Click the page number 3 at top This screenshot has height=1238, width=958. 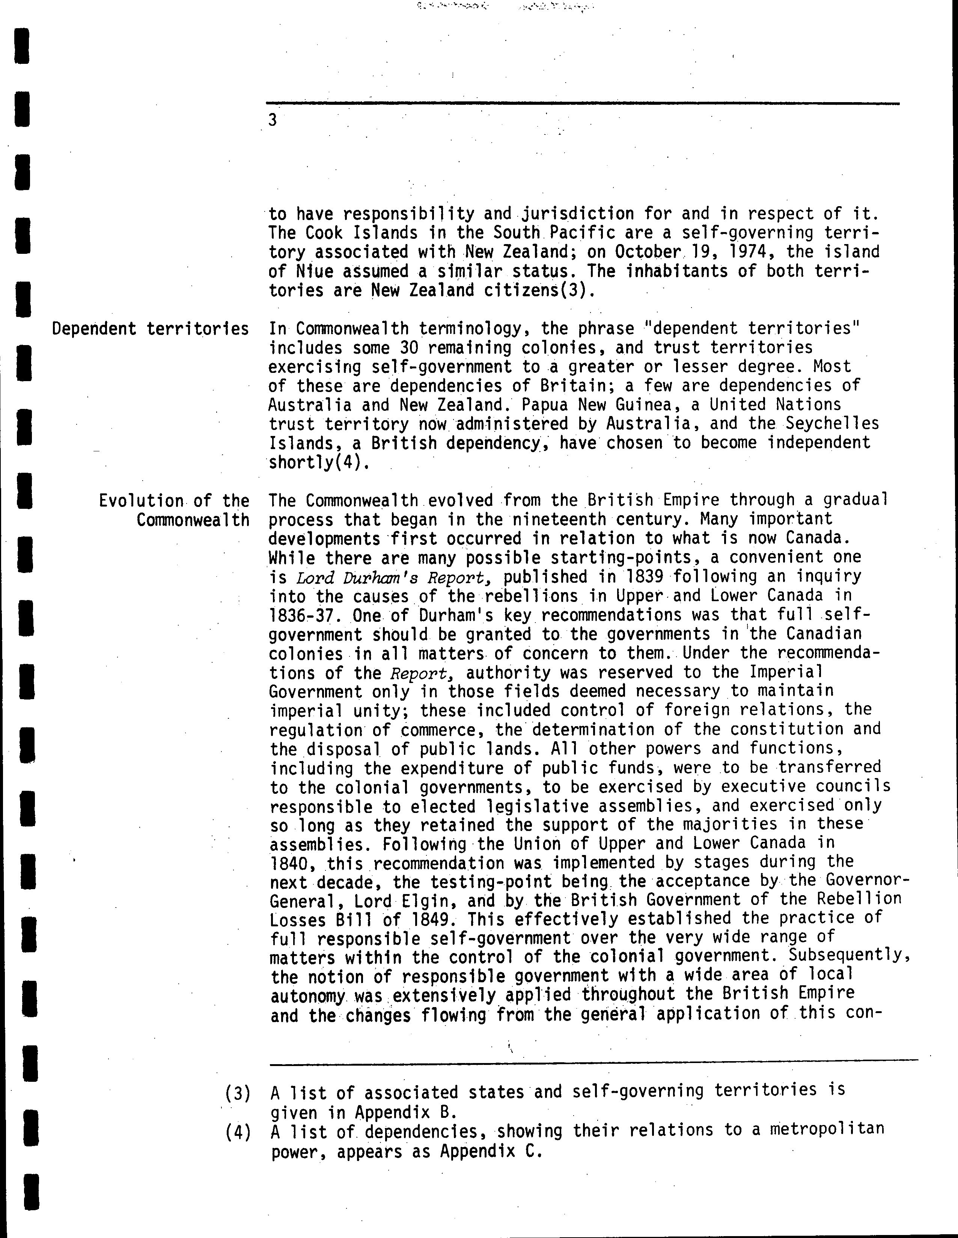(273, 120)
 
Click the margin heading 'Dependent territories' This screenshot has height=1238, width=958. (150, 329)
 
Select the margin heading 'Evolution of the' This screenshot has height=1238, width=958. (174, 501)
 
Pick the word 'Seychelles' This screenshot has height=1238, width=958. (831, 424)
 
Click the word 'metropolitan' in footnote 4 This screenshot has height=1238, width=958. (827, 1130)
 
